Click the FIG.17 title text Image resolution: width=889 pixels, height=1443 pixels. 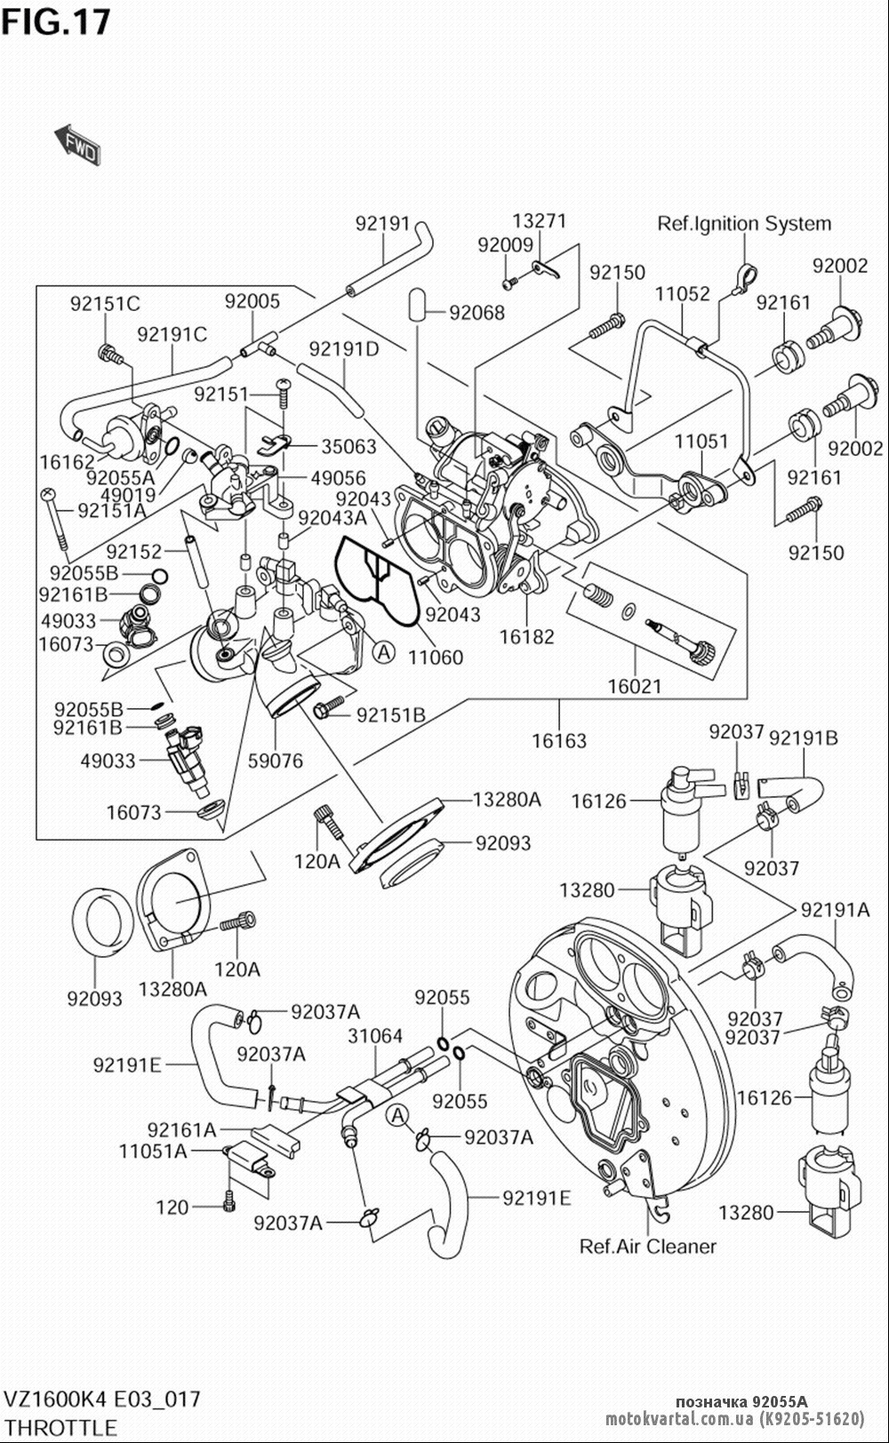click(x=56, y=21)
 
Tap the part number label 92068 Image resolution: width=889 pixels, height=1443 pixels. click(x=477, y=312)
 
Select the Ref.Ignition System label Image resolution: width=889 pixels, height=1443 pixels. click(x=744, y=224)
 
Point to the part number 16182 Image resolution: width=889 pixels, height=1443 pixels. click(x=526, y=636)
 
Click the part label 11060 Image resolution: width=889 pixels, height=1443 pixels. click(x=436, y=658)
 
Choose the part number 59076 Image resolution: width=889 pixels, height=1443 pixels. click(x=275, y=761)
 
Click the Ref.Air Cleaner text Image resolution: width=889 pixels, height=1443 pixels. click(x=647, y=1246)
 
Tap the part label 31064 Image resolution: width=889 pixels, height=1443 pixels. click(x=375, y=1036)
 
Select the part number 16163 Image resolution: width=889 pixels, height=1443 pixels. click(x=559, y=739)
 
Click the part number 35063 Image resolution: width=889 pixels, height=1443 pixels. click(x=348, y=446)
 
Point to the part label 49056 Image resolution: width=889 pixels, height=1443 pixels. click(x=338, y=479)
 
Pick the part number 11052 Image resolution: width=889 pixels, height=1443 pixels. click(x=683, y=294)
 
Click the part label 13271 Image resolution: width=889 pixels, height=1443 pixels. click(x=539, y=221)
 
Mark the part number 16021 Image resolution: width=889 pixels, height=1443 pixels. click(x=636, y=686)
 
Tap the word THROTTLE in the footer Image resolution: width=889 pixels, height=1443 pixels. click(x=60, y=1427)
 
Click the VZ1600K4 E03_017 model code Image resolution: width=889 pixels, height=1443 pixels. click(x=102, y=1399)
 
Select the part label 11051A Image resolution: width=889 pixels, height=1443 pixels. click(x=154, y=1152)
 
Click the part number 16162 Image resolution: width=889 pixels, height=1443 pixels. click(x=67, y=462)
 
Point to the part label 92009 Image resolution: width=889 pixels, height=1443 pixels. click(x=505, y=244)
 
